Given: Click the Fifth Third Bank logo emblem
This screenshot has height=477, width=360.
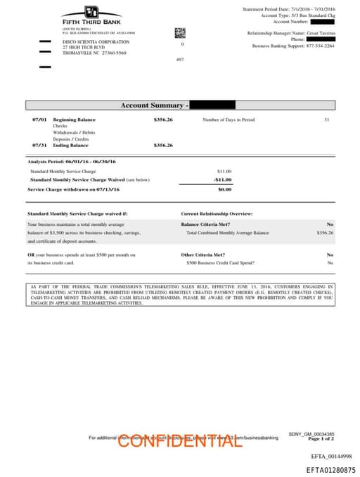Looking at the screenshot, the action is click(91, 12).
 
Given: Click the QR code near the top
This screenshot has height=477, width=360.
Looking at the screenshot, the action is click(179, 32).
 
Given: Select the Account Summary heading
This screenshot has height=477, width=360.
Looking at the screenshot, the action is click(153, 106).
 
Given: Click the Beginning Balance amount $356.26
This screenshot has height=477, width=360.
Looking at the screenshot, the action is click(163, 120).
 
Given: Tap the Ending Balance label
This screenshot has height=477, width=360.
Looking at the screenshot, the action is click(70, 145).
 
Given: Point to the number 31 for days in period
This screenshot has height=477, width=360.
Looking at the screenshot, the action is click(326, 120).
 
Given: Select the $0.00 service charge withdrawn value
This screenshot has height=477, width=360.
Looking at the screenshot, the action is click(224, 189).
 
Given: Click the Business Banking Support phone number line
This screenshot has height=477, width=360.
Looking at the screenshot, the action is click(293, 46).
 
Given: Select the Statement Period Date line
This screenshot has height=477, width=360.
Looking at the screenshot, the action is click(289, 8).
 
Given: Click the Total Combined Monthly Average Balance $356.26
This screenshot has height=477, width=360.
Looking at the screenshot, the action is click(325, 232).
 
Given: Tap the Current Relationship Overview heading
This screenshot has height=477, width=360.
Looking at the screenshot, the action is click(217, 213).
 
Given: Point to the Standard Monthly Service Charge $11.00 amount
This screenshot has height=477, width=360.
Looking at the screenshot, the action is click(224, 171).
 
